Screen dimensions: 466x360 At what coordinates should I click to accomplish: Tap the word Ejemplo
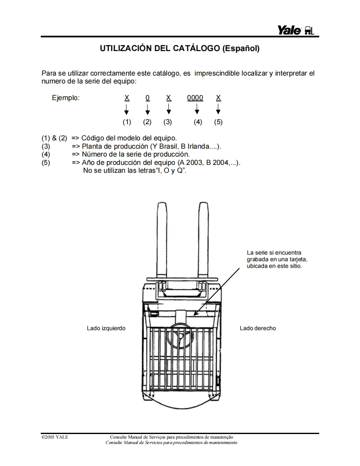pyautogui.click(x=65, y=98)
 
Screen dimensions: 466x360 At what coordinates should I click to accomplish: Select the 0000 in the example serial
pyautogui.click(x=195, y=98)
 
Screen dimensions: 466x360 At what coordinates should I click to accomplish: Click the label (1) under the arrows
pyautogui.click(x=127, y=122)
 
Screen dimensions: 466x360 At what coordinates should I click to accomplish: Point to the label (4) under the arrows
pyautogui.click(x=198, y=122)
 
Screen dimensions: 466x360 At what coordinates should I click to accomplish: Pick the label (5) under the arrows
pyautogui.click(x=218, y=122)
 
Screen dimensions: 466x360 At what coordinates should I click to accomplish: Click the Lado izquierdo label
pyautogui.click(x=106, y=328)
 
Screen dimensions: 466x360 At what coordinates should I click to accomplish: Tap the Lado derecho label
pyautogui.click(x=258, y=328)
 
